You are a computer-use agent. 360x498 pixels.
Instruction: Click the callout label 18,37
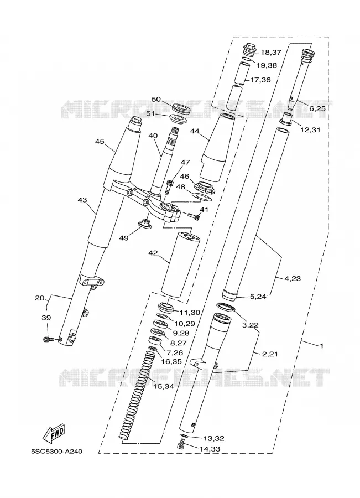tap(271, 52)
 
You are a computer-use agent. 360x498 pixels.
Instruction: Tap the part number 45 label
tap(100, 141)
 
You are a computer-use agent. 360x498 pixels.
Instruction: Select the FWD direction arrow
tap(54, 434)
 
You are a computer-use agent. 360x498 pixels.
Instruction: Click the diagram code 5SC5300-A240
tap(56, 452)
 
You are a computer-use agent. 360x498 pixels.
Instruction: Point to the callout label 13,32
tap(213, 438)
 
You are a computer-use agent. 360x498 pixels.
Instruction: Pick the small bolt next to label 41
tap(194, 216)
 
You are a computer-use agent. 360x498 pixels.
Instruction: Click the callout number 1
tap(322, 345)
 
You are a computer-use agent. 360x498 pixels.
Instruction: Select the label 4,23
tap(293, 278)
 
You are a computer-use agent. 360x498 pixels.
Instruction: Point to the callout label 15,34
tap(164, 387)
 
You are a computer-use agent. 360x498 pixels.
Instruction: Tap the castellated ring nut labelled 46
tap(205, 187)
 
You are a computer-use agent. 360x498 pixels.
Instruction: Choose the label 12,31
tap(310, 129)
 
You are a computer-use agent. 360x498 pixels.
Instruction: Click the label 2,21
tap(270, 354)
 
